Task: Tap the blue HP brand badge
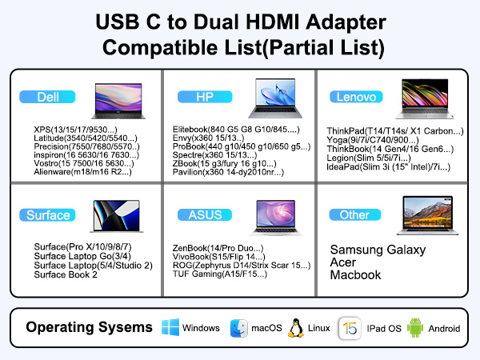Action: [x=204, y=97]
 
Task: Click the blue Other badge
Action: [x=354, y=214]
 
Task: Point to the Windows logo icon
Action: [x=170, y=328]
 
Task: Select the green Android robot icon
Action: [x=414, y=328]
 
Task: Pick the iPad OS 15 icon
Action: [x=348, y=328]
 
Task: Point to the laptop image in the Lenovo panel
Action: [x=427, y=99]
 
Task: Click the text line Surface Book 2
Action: [x=65, y=275]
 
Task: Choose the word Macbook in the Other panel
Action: [x=355, y=274]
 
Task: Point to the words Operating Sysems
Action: [x=88, y=328]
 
